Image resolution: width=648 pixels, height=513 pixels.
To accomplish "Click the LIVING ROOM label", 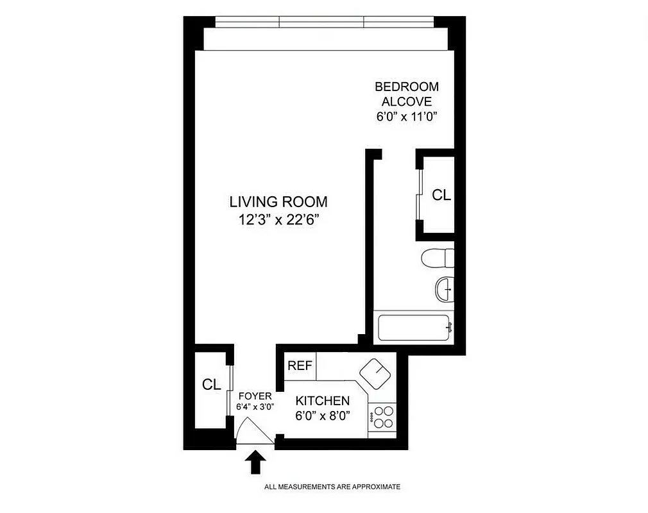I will click(278, 201).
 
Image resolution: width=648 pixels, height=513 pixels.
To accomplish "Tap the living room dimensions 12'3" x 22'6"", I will click(278, 220).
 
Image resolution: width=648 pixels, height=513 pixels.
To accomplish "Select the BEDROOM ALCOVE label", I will click(407, 94).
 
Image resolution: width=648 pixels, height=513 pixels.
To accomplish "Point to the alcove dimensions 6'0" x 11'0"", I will click(407, 117).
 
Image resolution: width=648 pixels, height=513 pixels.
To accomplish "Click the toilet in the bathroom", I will click(439, 258).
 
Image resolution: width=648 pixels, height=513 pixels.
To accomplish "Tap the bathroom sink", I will click(444, 289).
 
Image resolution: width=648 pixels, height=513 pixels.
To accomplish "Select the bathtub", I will click(415, 328).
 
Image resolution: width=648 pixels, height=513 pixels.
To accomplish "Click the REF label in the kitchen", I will click(300, 366).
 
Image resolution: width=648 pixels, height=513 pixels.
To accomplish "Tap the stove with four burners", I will click(383, 417).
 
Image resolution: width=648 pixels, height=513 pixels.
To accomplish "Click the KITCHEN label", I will click(323, 401).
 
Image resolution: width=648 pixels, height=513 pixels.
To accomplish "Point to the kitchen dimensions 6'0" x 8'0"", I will click(323, 416).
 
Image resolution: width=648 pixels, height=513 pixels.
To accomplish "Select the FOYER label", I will click(255, 396).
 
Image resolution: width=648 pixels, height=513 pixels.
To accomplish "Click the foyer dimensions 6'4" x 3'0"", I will click(255, 407).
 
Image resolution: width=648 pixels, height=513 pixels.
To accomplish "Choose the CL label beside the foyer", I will click(212, 385).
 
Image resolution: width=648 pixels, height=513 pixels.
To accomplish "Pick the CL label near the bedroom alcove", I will click(441, 195).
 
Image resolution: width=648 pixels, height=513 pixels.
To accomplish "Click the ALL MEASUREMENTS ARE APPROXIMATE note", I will click(332, 487).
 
